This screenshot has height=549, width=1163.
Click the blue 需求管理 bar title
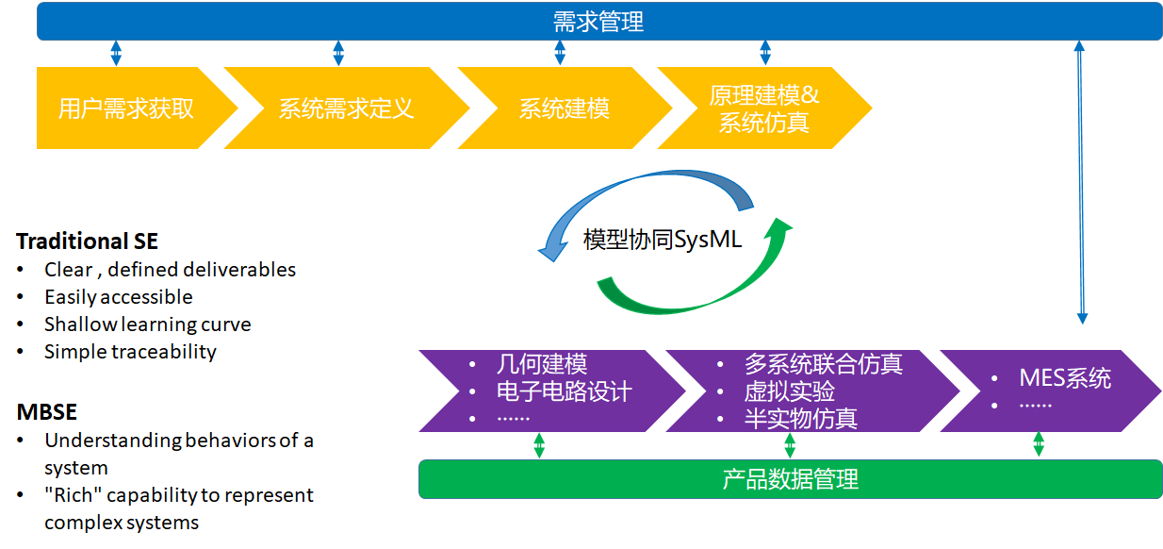pyautogui.click(x=598, y=21)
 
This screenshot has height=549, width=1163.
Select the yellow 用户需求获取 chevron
pyautogui.click(x=126, y=108)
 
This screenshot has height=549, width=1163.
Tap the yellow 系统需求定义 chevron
pyautogui.click(x=346, y=108)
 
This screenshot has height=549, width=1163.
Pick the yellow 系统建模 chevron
pyautogui.click(x=564, y=108)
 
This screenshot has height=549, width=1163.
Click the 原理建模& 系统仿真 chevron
pyautogui.click(x=763, y=108)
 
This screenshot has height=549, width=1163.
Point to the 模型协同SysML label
pyautogui.click(x=663, y=240)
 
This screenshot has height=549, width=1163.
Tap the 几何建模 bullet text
pyautogui.click(x=541, y=364)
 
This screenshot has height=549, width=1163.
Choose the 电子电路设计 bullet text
pyautogui.click(x=564, y=391)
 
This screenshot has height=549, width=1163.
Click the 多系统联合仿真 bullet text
pyautogui.click(x=823, y=364)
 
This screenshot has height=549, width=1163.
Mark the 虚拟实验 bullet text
pyautogui.click(x=789, y=391)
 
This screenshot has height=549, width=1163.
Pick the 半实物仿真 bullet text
pyautogui.click(x=800, y=418)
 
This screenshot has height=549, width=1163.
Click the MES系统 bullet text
pyautogui.click(x=1065, y=378)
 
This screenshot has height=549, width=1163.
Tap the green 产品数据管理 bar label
pyautogui.click(x=790, y=479)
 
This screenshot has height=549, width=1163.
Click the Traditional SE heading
pyautogui.click(x=87, y=241)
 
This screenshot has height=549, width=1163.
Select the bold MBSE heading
pyautogui.click(x=46, y=412)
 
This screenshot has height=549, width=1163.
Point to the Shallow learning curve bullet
pyautogui.click(x=147, y=324)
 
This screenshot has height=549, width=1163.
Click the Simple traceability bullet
pyautogui.click(x=130, y=352)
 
